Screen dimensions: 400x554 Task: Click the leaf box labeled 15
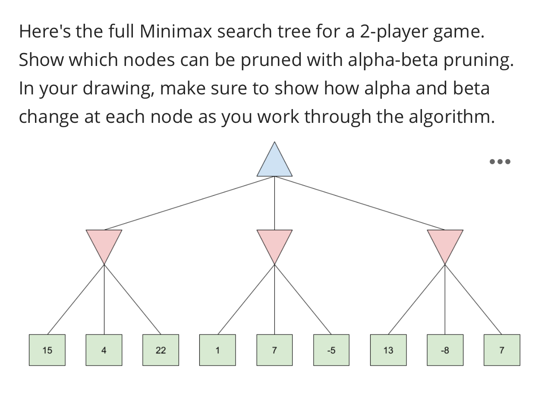(x=47, y=350)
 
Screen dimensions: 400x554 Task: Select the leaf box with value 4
(x=104, y=350)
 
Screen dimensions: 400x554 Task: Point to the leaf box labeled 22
(x=161, y=350)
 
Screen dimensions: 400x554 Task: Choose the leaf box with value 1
(x=217, y=350)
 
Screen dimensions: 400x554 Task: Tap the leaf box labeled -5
(x=331, y=350)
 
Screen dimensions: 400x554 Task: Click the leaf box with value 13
(x=388, y=350)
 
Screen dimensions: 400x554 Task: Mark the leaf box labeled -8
(x=445, y=350)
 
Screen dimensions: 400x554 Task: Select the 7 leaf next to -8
(x=502, y=350)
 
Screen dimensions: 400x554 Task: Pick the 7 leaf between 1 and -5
(x=274, y=350)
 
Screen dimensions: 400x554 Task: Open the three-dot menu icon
(x=500, y=162)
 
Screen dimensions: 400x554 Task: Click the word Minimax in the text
(x=176, y=31)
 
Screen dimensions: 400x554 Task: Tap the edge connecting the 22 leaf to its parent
(x=132, y=300)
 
